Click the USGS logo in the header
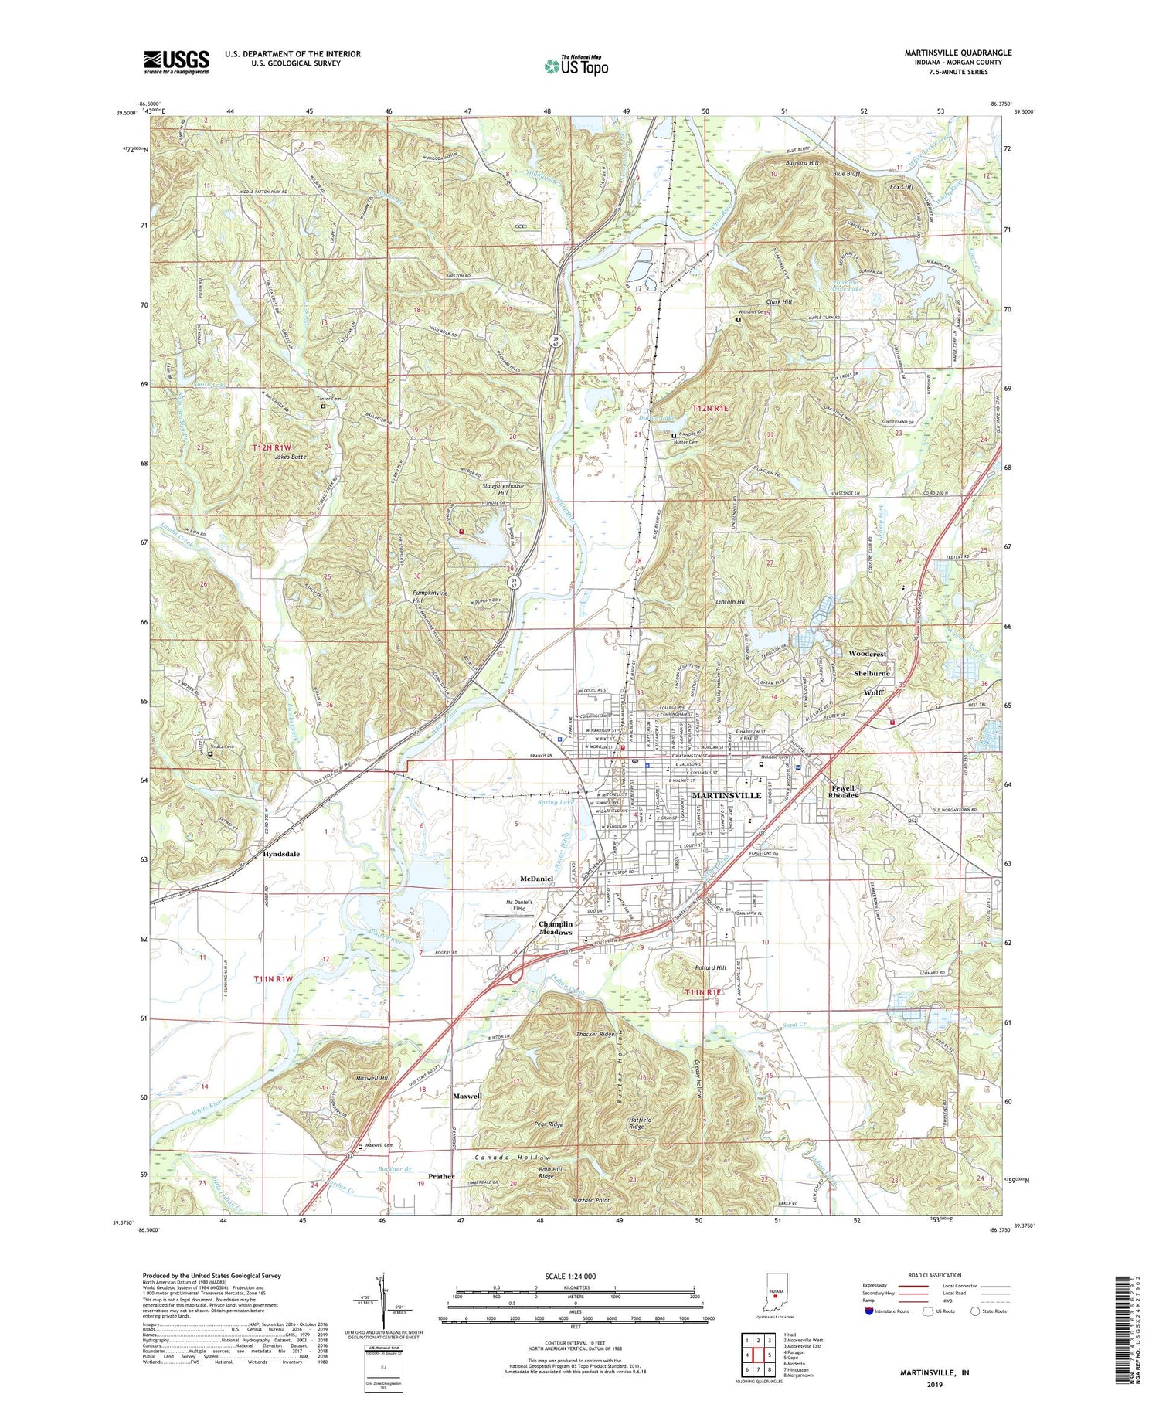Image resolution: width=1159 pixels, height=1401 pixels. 176,61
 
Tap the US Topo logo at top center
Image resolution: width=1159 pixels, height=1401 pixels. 576,66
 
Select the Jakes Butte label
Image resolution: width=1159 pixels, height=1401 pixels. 290,457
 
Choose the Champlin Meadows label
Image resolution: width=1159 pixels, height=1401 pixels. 556,928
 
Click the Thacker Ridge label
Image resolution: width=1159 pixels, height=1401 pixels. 595,1034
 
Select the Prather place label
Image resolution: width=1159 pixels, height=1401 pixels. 441,1176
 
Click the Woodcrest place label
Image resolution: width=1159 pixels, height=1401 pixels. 867,654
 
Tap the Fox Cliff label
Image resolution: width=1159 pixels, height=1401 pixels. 902,187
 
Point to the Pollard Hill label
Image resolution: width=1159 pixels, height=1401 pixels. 711,967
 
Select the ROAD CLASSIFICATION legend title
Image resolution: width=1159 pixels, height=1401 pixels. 935,1275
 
